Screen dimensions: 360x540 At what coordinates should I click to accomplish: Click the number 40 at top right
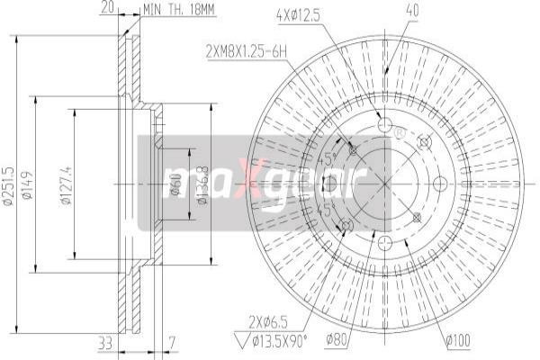388,12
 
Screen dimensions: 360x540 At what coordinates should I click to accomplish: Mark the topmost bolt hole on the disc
384,125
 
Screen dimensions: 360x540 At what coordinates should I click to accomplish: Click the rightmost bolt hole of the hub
441,183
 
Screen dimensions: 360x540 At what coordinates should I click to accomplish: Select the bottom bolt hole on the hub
384,240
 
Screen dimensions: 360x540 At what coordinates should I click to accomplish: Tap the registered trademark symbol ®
400,133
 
